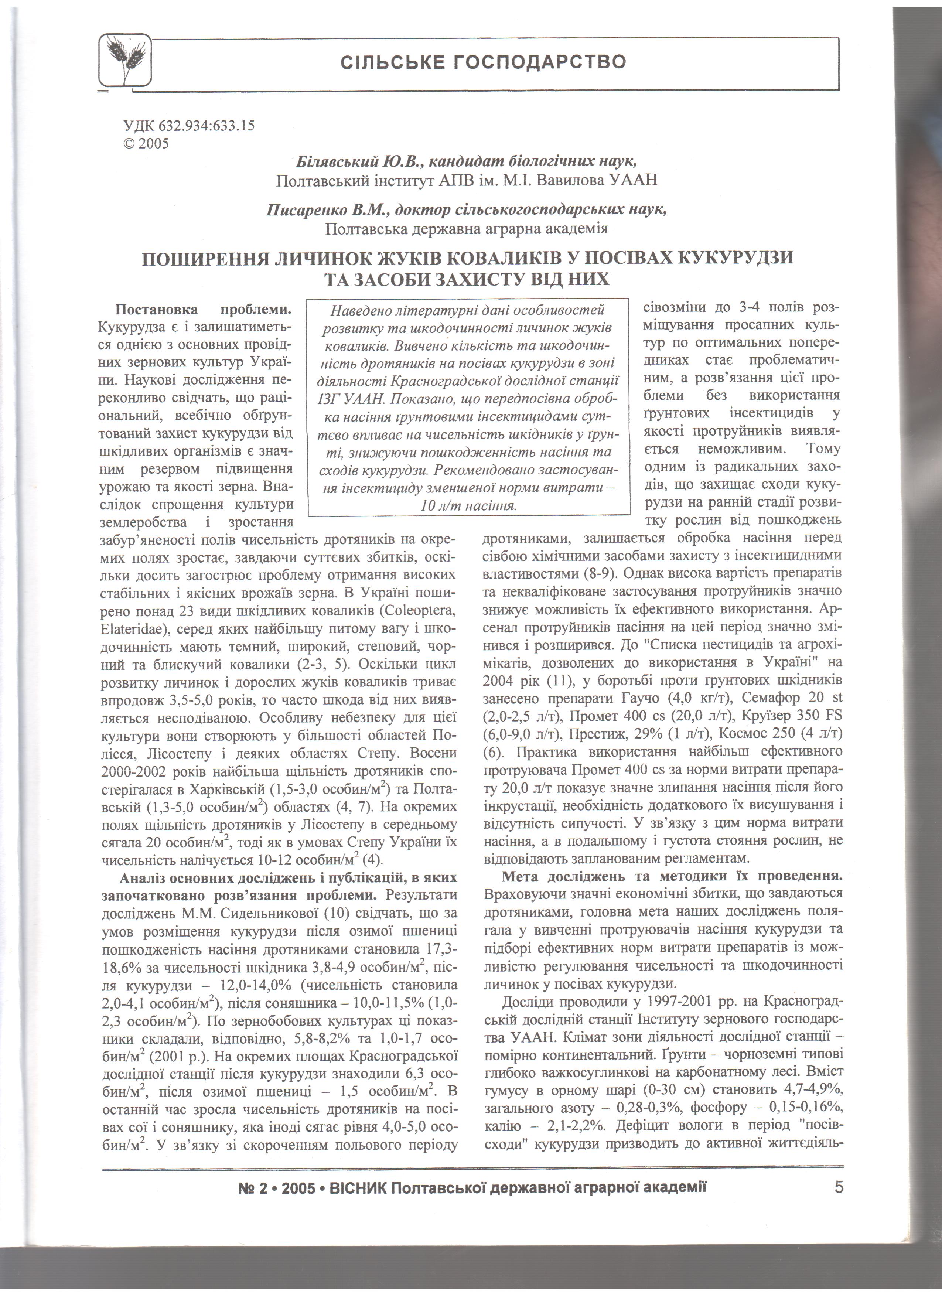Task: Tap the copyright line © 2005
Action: pos(146,143)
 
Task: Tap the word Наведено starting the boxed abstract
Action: pos(360,310)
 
